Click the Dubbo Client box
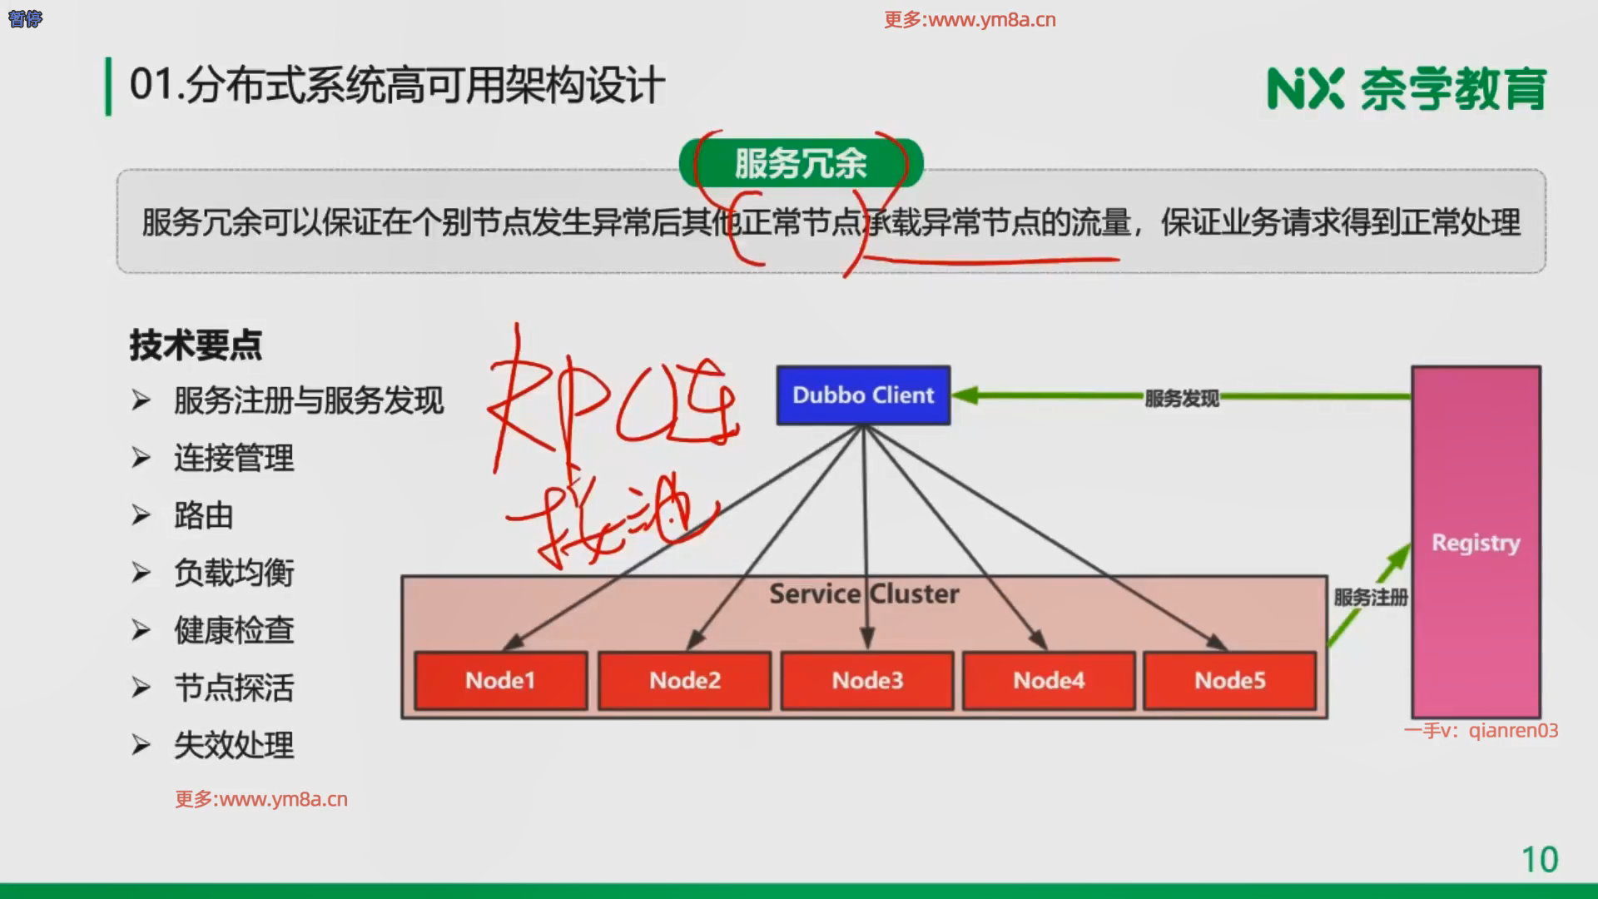863,395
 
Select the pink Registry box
1476,542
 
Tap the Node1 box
500,681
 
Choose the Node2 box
684,681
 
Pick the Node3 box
867,681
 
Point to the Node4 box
1049,681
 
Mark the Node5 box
1230,681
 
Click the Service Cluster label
864,594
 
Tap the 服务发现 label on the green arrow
1181,399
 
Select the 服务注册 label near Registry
1371,598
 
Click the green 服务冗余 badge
801,163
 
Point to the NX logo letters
1305,89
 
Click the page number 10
1540,860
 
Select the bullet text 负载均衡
234,574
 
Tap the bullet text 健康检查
234,631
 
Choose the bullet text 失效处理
234,746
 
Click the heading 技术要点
196,345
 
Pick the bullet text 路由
204,516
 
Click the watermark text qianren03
1513,731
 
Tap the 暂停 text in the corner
25,18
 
